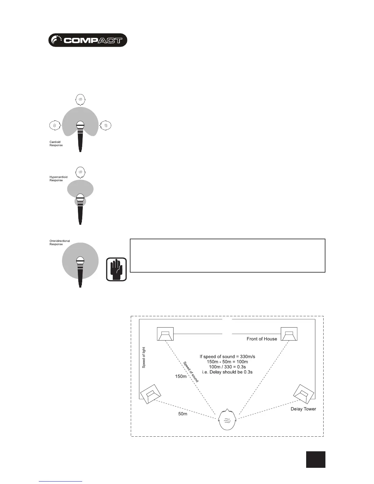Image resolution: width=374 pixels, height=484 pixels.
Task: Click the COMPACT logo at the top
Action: pos(88,40)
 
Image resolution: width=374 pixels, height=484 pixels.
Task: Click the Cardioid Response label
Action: pos(56,144)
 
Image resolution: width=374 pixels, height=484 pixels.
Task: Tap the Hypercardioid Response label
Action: pos(58,179)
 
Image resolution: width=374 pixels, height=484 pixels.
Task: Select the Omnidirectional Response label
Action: pos(60,243)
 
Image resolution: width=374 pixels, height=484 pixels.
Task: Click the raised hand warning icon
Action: pos(116,269)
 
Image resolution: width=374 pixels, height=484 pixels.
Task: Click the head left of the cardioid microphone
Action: pos(54,125)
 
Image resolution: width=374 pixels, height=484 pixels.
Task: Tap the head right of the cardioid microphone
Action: pos(106,125)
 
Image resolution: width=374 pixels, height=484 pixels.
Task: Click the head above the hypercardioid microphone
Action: pos(80,172)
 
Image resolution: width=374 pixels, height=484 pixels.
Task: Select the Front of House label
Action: pos(262,339)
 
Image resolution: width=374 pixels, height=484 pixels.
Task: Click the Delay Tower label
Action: pos(303,409)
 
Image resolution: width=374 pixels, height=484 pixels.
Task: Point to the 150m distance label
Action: pos(181,376)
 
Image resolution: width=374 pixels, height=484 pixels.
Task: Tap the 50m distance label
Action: pos(183,414)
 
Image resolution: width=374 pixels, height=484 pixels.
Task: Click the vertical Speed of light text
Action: pos(144,358)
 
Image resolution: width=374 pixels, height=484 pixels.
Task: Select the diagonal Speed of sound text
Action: pos(191,372)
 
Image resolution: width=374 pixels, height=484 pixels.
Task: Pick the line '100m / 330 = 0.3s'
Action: pos(227,367)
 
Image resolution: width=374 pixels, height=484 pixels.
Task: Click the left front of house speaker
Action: pos(165,334)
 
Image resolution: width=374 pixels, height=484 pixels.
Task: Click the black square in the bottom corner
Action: pos(316,459)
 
